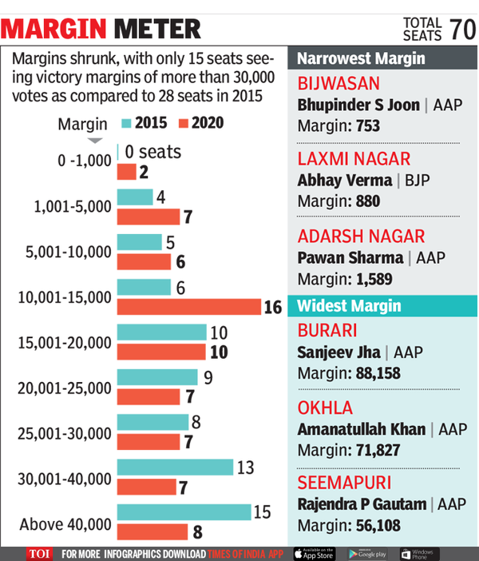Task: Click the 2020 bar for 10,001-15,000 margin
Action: [x=188, y=307]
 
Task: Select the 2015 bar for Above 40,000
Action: [x=183, y=512]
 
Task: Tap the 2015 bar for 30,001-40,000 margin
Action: [x=175, y=467]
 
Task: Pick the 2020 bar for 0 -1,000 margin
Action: [x=127, y=171]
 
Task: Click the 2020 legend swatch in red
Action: [x=183, y=123]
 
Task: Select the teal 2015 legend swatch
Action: [x=125, y=123]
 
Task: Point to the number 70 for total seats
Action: [x=462, y=29]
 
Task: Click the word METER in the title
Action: [x=156, y=30]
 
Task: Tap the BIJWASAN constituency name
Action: [x=338, y=84]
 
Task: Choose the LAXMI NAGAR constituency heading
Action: [x=354, y=159]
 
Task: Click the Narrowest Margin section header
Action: [x=361, y=58]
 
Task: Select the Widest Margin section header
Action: [x=350, y=306]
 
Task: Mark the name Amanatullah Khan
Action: [x=362, y=429]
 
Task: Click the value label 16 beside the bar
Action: [x=273, y=308]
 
